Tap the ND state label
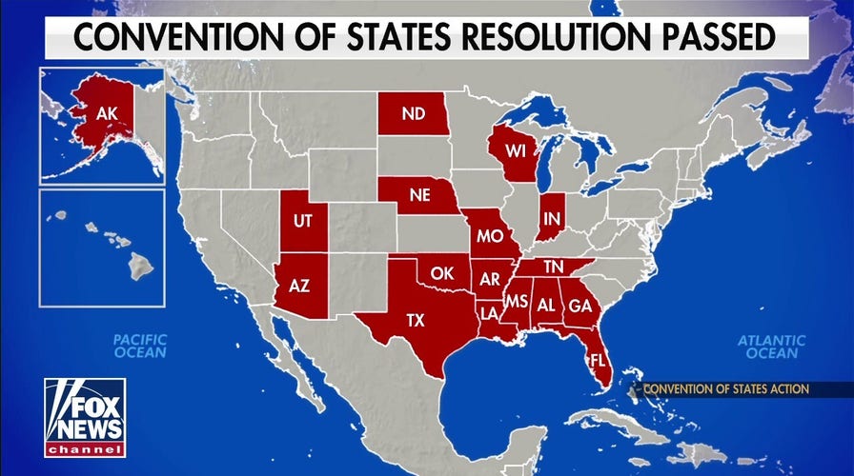point(413,114)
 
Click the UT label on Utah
point(303,221)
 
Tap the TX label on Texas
point(416,320)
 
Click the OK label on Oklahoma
point(440,273)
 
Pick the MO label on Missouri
point(490,234)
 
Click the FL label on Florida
point(597,362)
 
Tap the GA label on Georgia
point(579,307)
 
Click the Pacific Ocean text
point(139,346)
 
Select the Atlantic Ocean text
point(771,347)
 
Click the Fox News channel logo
point(84,417)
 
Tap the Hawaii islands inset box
point(102,248)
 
